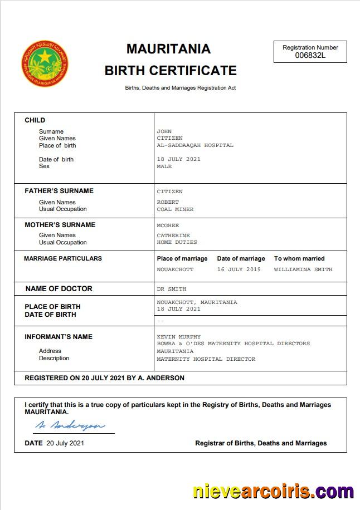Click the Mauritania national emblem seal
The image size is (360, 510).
45,63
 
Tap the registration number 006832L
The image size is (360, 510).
310,56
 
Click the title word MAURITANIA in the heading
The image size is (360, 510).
168,49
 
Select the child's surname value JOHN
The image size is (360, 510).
164,131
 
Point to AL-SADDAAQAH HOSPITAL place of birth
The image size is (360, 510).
195,145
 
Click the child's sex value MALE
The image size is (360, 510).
164,166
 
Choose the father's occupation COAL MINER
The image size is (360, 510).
175,209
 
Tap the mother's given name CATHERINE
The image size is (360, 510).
173,236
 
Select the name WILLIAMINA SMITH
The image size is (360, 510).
303,269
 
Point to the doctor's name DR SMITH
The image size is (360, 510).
172,289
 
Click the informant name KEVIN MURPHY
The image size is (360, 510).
179,337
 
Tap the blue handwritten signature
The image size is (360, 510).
70,425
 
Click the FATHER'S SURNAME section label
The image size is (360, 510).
59,191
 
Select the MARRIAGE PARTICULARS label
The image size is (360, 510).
63,258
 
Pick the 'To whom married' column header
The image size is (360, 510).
299,258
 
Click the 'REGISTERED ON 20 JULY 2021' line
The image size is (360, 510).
104,378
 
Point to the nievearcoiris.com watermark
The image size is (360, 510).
273,492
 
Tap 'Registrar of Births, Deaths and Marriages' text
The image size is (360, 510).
261,443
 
